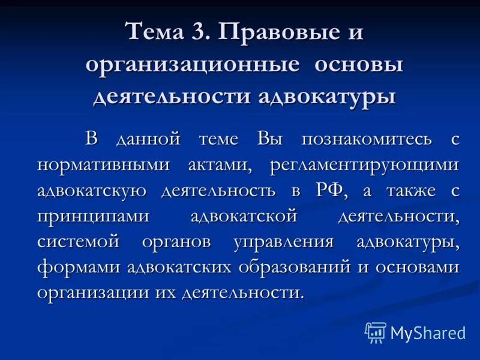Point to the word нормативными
point(103,165)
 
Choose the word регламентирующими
point(364,165)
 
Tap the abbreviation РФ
point(329,191)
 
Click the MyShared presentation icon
point(376,332)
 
